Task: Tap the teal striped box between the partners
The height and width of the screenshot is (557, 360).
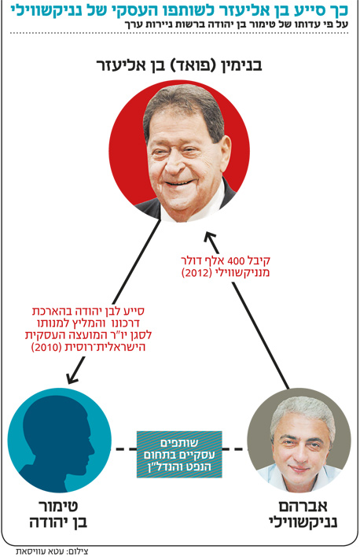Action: coord(179,455)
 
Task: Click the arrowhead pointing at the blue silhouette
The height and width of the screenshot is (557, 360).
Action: coord(73,378)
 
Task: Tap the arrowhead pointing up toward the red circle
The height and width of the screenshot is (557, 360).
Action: coord(210,238)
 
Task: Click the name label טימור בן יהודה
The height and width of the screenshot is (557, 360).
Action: coord(58,515)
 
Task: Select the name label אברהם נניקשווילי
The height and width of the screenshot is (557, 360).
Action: coord(303,515)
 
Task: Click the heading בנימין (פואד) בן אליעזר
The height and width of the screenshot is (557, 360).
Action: coord(179,66)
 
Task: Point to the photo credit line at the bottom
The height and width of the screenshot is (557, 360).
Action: coord(52,551)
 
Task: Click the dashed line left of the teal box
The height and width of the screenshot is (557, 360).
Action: coord(125,449)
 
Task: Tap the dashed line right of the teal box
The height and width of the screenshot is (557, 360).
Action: coord(233,449)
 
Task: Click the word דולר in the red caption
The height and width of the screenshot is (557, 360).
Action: coord(192,261)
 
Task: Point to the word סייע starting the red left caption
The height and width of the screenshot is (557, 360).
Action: coord(134,312)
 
